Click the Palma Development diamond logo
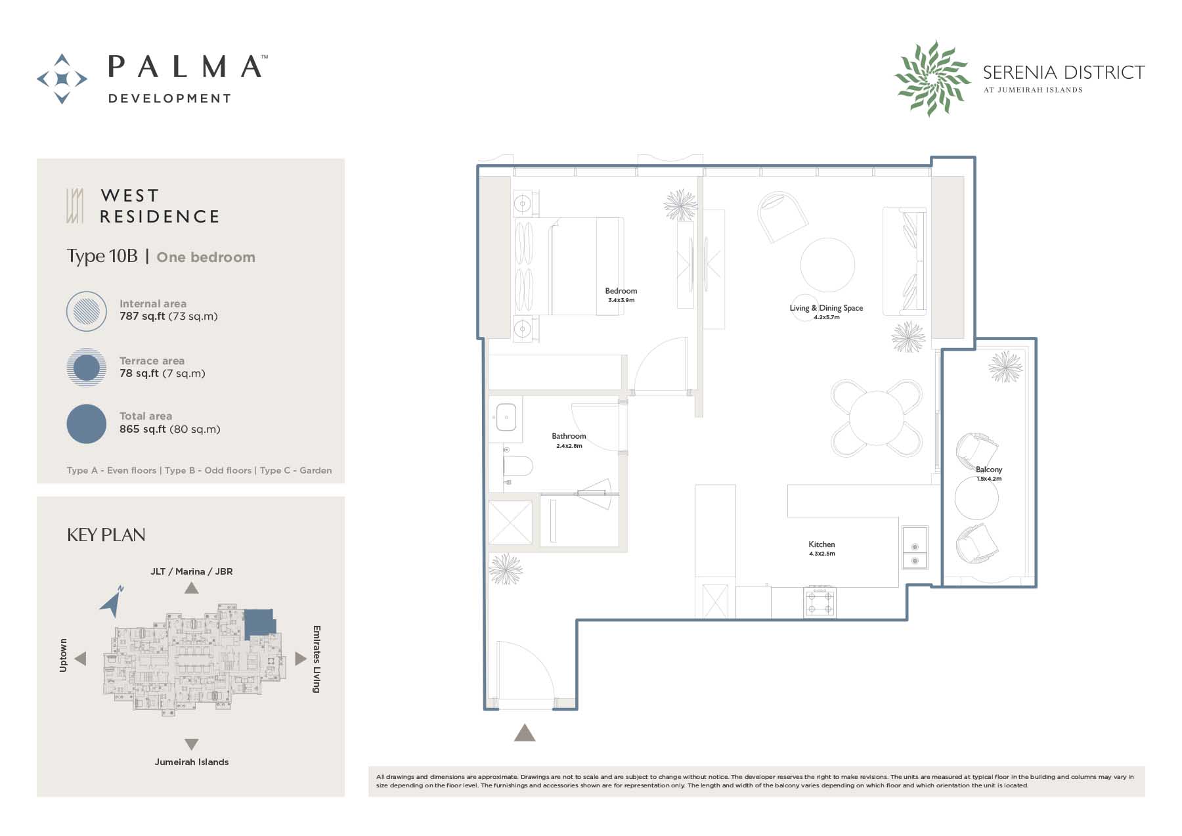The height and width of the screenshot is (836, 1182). click(x=62, y=79)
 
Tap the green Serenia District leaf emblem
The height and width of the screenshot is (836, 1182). click(x=932, y=78)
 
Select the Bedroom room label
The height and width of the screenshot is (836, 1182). click(x=621, y=291)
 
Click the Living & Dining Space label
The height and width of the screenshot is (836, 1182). click(x=826, y=308)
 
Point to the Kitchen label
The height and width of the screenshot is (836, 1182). click(x=821, y=544)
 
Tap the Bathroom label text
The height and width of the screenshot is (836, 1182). click(x=569, y=436)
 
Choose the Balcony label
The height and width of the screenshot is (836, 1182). click(x=989, y=470)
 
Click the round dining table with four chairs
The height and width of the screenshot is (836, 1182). click(x=877, y=418)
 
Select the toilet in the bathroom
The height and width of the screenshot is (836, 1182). click(x=517, y=466)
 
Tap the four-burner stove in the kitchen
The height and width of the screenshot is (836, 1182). click(x=820, y=602)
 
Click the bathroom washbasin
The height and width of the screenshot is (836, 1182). click(x=506, y=417)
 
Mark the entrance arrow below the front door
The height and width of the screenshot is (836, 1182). click(x=525, y=732)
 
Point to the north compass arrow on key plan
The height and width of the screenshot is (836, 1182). click(x=112, y=601)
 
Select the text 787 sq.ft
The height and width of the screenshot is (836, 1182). click(x=142, y=316)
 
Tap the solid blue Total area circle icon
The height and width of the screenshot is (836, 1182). click(x=87, y=424)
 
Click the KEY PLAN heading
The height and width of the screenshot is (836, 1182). click(x=106, y=535)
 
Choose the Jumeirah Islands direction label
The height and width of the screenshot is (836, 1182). click(x=192, y=762)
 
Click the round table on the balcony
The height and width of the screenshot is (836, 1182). click(x=976, y=498)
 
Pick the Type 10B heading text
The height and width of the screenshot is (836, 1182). click(x=102, y=256)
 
